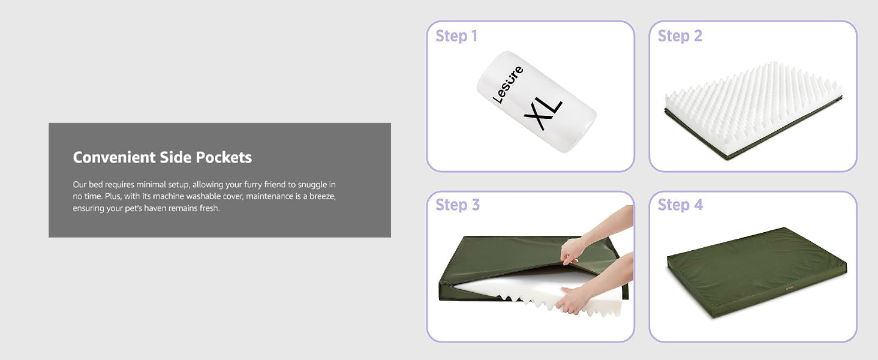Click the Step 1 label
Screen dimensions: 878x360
(456, 36)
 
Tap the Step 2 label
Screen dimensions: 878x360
(679, 36)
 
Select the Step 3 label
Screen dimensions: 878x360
(458, 205)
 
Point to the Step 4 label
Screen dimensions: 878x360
(680, 205)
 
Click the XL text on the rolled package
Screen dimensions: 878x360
(543, 115)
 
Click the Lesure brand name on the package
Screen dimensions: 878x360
(508, 85)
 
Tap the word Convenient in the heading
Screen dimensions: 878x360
(115, 157)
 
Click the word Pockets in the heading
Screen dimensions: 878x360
(224, 157)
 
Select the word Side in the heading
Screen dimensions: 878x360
(176, 157)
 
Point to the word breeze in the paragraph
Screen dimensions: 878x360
(322, 196)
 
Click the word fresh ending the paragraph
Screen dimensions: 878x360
(209, 208)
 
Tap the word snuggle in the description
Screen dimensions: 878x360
(312, 184)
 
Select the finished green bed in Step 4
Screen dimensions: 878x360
(757, 272)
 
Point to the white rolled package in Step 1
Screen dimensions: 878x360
(536, 102)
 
